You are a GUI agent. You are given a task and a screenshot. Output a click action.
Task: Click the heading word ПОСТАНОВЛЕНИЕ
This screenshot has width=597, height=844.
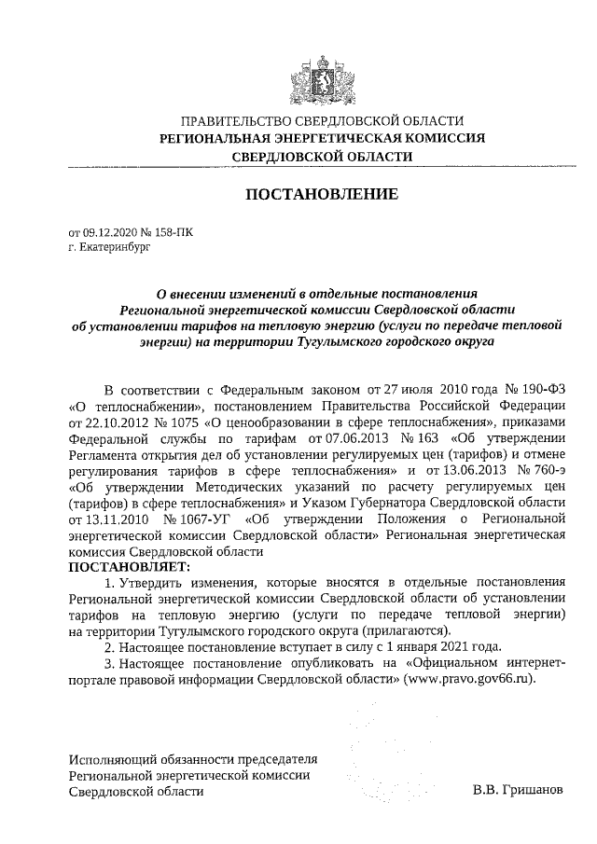click(322, 195)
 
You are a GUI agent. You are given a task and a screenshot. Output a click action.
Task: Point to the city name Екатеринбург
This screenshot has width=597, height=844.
click(114, 249)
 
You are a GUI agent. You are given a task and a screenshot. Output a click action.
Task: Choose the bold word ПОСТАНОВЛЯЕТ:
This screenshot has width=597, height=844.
click(128, 566)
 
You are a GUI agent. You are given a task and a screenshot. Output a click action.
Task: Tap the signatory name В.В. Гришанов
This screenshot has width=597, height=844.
click(518, 791)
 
